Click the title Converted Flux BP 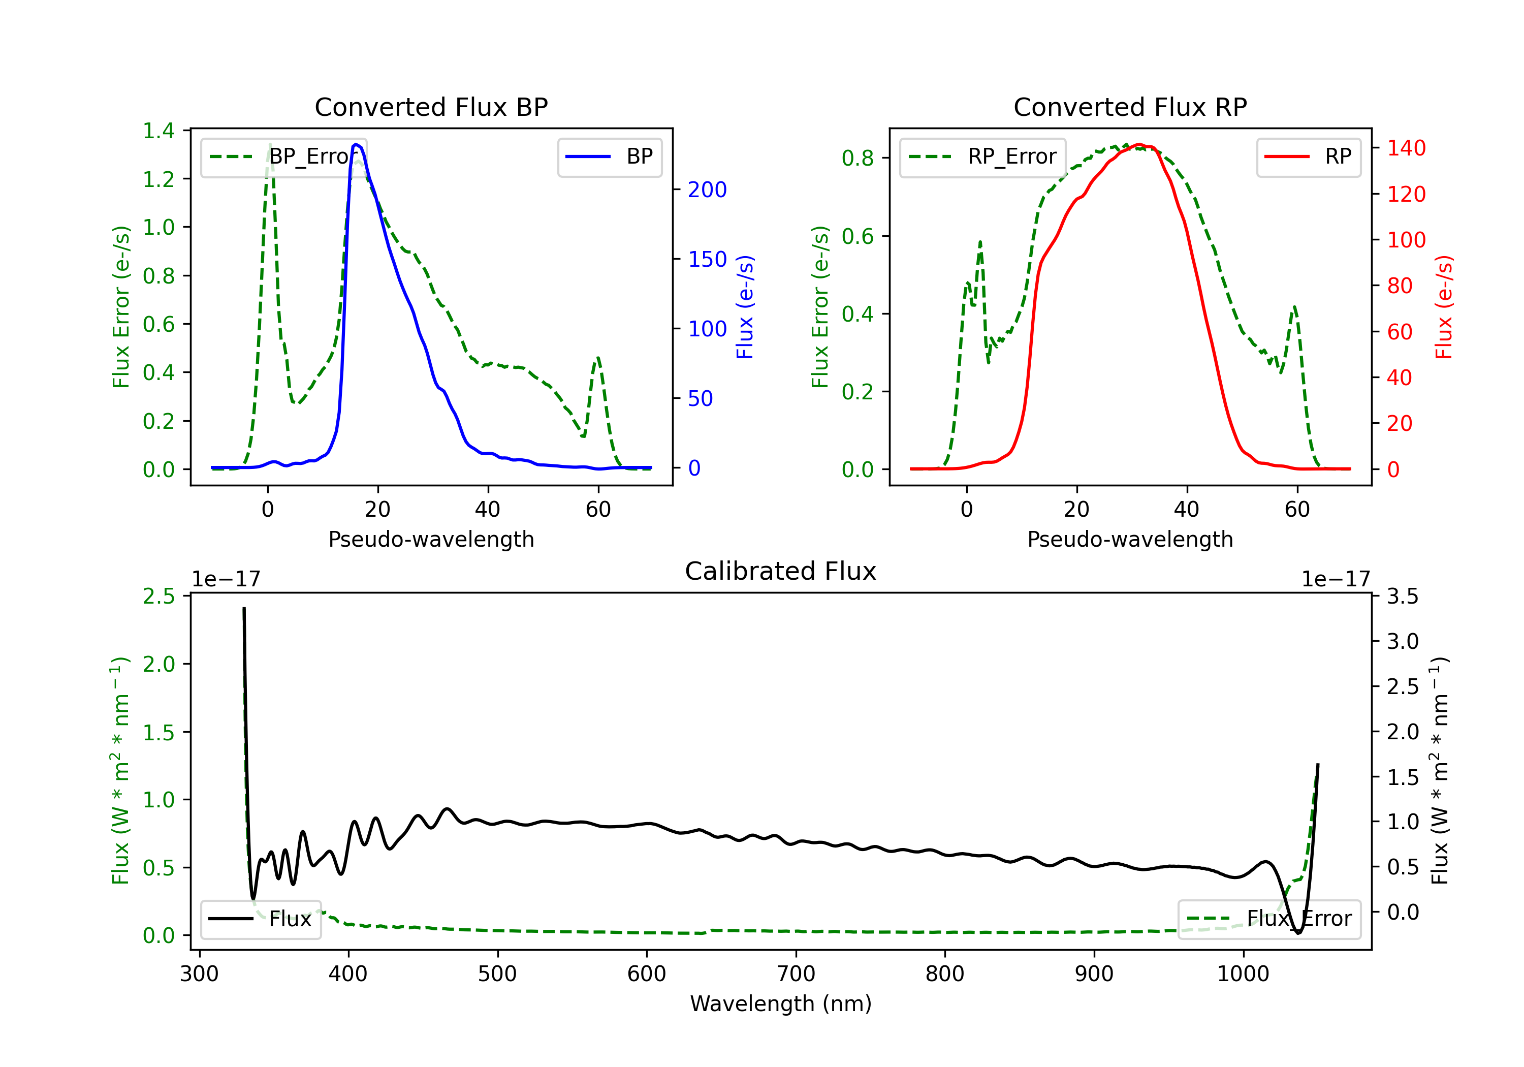[x=431, y=107]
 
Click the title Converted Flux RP [x=1130, y=107]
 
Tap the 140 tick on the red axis [x=1406, y=148]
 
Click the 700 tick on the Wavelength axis [x=796, y=974]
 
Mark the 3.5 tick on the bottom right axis [x=1402, y=596]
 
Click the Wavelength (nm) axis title [x=781, y=1004]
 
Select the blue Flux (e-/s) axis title [x=745, y=307]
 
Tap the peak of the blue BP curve [x=357, y=144]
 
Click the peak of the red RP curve [x=1139, y=144]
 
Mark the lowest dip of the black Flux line [x=1299, y=932]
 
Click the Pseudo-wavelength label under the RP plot [x=1130, y=539]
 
